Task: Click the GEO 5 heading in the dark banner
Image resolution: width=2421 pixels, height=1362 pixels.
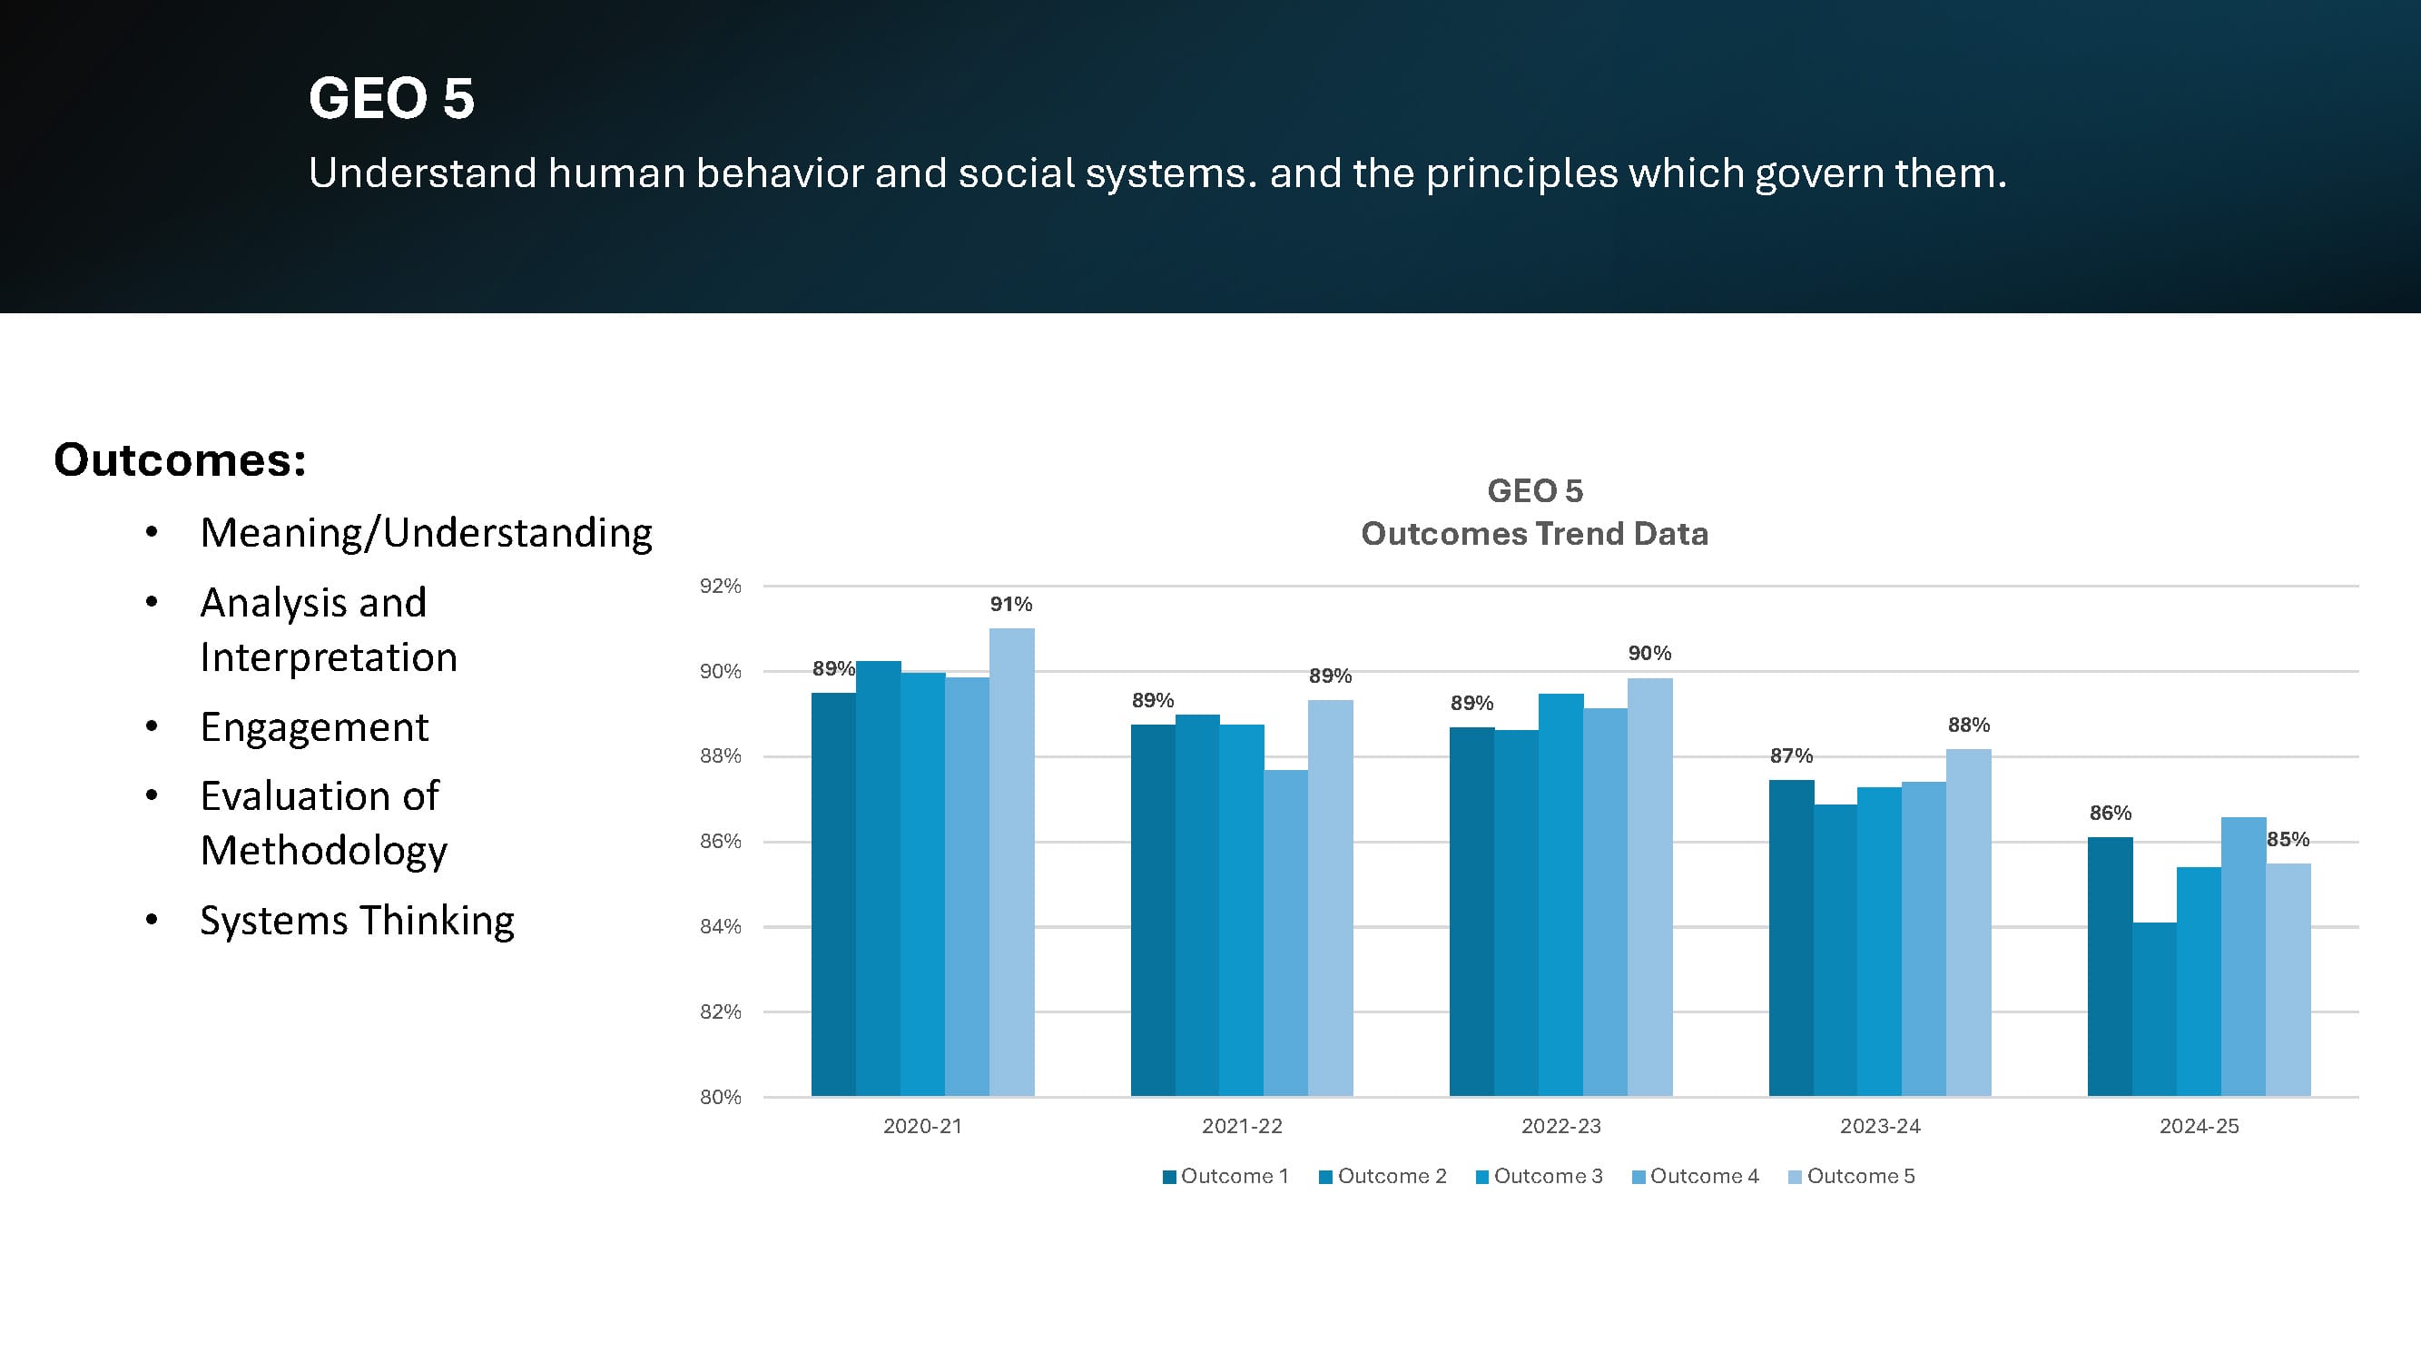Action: pyautogui.click(x=391, y=99)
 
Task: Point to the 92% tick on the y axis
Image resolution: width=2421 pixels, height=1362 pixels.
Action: pyautogui.click(x=720, y=586)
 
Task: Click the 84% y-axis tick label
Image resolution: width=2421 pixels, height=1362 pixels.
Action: pyautogui.click(x=720, y=927)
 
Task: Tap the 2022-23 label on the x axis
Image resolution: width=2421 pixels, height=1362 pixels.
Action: pyautogui.click(x=1560, y=1126)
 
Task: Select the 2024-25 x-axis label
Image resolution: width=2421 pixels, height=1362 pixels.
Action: pyautogui.click(x=2199, y=1126)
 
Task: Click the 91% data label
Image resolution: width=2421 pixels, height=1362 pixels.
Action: pyautogui.click(x=1010, y=604)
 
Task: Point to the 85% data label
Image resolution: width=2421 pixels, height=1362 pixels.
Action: pyautogui.click(x=2288, y=839)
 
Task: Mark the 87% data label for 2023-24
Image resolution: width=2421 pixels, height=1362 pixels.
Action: pyautogui.click(x=1791, y=755)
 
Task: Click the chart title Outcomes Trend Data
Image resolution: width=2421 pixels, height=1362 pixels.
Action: pyautogui.click(x=1534, y=534)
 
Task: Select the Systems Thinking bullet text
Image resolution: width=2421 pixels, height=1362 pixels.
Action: pyautogui.click(x=357, y=920)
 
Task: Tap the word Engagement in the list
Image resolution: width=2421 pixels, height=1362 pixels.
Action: pyautogui.click(x=314, y=727)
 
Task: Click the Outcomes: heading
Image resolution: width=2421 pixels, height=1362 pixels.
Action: pyautogui.click(x=180, y=459)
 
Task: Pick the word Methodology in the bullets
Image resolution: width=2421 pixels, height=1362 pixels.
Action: pyautogui.click(x=323, y=851)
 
